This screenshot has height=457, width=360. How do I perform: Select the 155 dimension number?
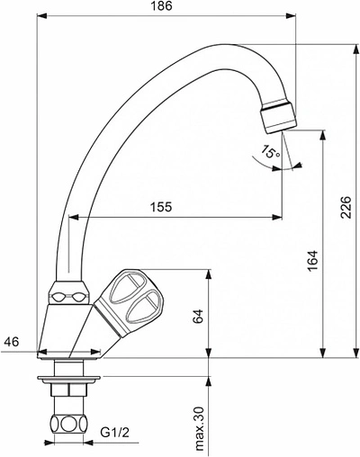[x=160, y=208]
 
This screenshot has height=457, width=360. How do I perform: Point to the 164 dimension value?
[x=310, y=261]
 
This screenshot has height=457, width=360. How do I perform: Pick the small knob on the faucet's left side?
[x=69, y=294]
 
